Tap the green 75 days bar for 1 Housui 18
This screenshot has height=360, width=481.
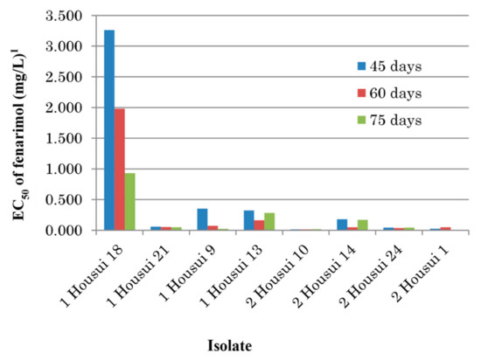[129, 202]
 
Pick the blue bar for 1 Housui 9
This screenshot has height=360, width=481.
[202, 219]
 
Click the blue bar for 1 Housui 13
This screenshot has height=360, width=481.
[248, 220]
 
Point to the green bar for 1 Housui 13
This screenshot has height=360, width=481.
[268, 222]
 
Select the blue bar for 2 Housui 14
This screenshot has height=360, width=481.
[342, 225]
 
